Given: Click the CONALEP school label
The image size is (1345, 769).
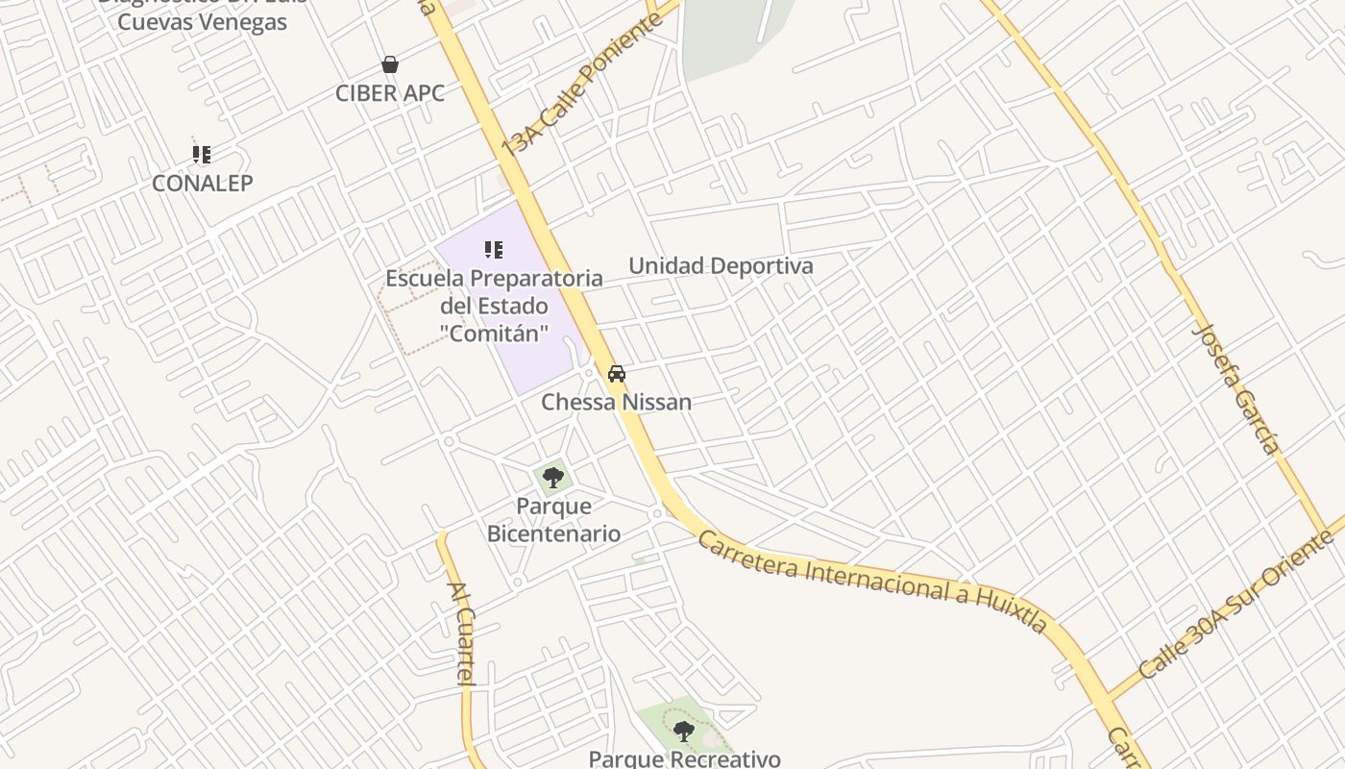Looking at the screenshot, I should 202,183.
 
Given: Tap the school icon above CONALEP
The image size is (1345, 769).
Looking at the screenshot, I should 202,154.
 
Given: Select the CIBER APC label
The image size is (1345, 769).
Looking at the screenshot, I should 390,93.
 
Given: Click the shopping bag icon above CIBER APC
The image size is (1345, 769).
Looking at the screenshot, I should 390,64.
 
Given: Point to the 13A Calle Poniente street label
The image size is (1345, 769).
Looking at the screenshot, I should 582,85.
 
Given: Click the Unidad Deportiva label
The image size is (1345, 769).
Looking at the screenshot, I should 721,266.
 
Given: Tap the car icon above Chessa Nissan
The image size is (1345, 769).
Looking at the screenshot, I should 617,374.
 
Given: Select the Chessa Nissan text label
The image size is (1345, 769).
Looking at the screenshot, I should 616,402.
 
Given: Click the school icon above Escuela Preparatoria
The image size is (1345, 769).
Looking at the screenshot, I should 494,251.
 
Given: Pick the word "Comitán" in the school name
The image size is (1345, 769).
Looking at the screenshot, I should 494,334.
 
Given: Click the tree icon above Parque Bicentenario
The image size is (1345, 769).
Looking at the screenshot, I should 552,477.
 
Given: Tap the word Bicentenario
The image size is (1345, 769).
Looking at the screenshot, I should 553,533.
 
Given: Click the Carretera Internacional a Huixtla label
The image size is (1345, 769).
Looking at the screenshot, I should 871,581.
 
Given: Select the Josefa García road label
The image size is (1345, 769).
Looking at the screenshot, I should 1235,388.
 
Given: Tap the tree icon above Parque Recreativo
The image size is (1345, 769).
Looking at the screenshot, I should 683,732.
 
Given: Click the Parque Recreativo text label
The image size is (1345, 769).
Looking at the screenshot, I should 684,758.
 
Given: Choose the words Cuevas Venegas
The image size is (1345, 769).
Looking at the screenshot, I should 202,21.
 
